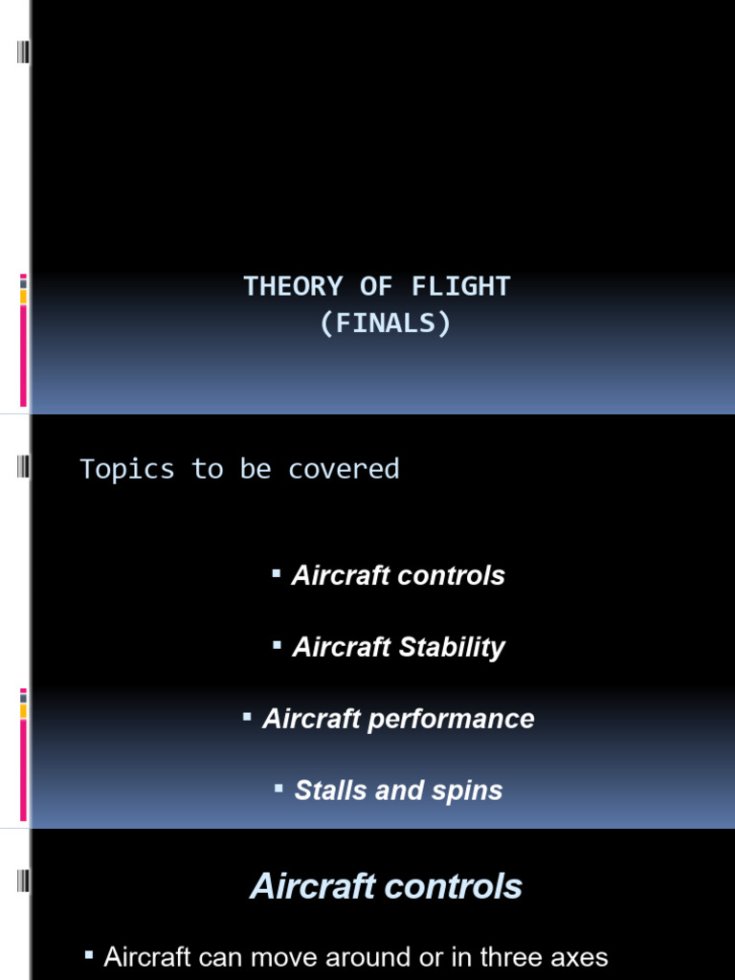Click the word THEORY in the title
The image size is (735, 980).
coord(292,286)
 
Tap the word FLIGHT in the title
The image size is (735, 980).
coord(462,286)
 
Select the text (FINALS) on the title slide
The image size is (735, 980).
coord(385,323)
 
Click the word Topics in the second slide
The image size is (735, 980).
coord(126,469)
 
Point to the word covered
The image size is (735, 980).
coord(344,469)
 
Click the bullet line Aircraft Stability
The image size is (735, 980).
coord(398,648)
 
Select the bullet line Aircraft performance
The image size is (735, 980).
coord(398,720)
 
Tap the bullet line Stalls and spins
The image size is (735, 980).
coord(398,791)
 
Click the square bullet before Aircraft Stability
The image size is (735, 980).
coord(277,645)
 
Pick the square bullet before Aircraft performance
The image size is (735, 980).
coord(247,716)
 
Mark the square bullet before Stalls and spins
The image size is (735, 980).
coord(278,788)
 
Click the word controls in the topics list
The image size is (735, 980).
coord(454,576)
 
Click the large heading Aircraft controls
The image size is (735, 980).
coord(386,886)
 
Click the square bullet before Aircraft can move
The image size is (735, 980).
coord(89,954)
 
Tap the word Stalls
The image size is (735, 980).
coord(332,791)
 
